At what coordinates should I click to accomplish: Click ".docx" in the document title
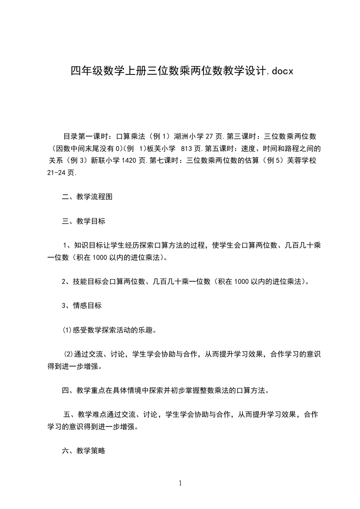click(279, 71)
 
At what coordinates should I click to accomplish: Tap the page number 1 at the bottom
click(180, 483)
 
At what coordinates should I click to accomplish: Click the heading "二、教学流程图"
click(87, 197)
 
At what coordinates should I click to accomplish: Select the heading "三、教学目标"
click(84, 221)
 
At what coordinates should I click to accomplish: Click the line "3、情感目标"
click(82, 305)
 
